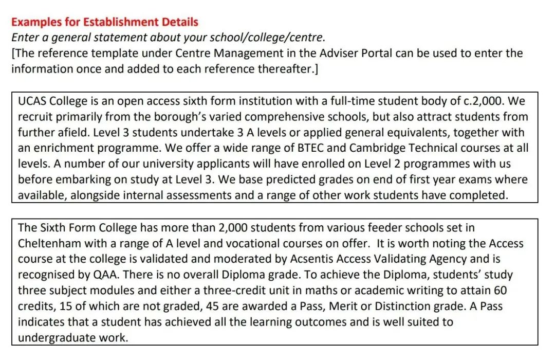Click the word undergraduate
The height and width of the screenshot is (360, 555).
58,337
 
